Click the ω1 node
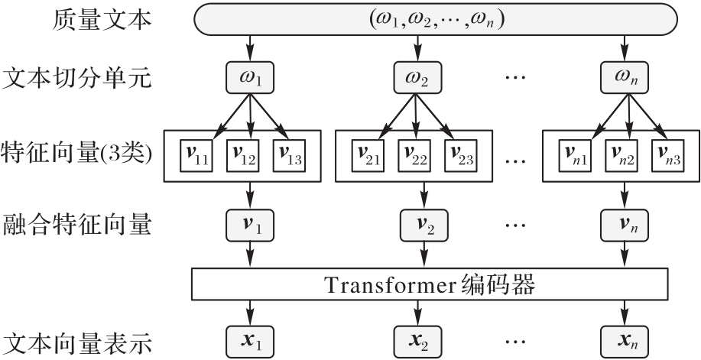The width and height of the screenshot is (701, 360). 248,79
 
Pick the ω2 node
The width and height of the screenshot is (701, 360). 417,79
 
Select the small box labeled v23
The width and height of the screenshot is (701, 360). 464,157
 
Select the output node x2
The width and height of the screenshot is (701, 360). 417,338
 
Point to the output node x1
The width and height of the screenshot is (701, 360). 248,338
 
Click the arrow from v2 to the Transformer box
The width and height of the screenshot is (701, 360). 418,255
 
